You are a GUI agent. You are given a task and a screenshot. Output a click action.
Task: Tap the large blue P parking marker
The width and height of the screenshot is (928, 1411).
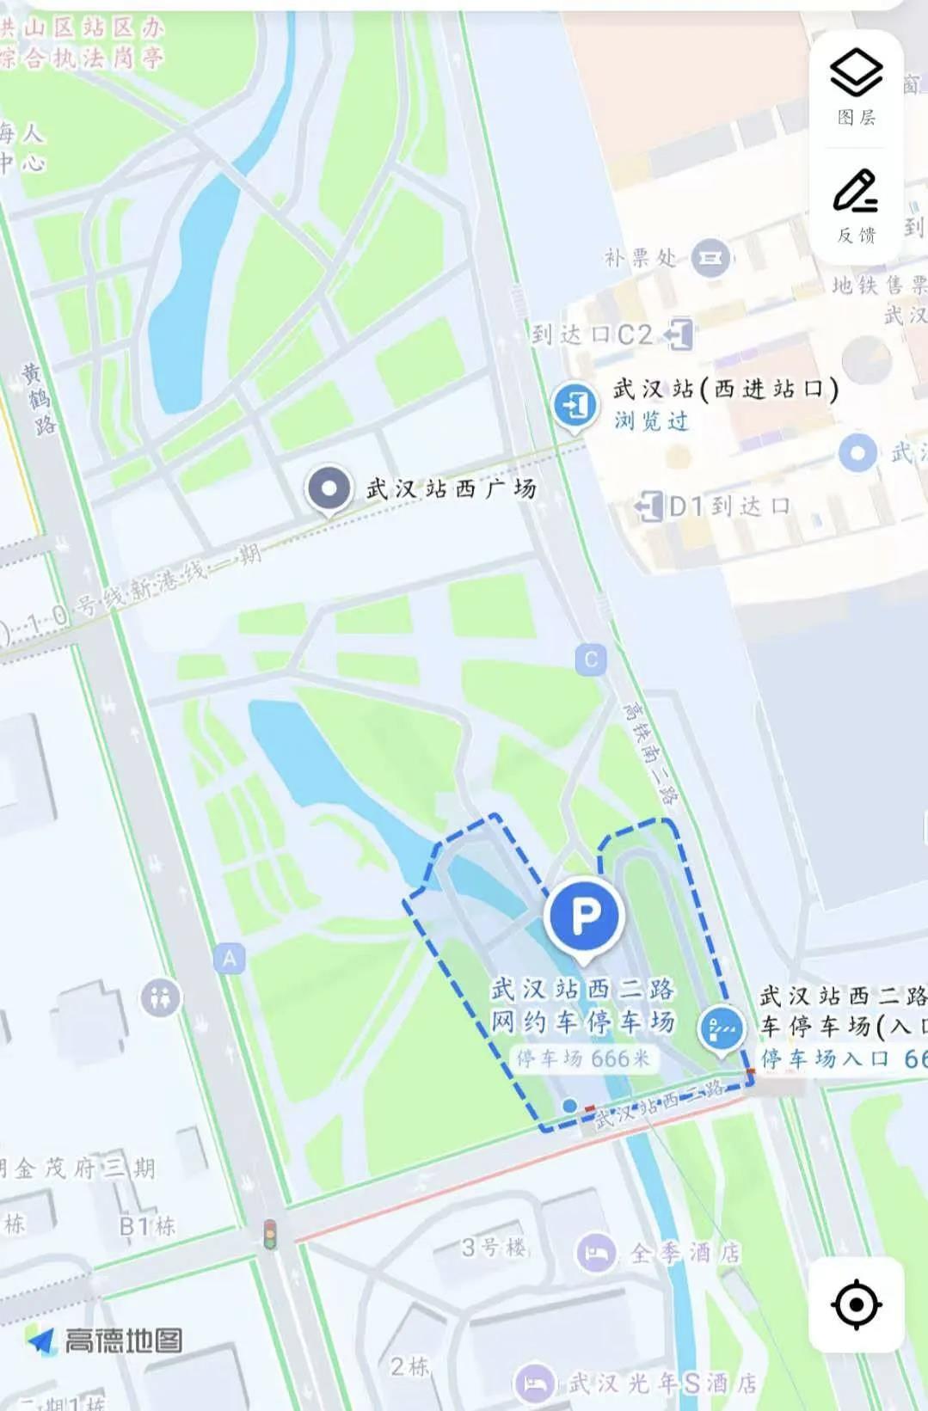pyautogui.click(x=585, y=916)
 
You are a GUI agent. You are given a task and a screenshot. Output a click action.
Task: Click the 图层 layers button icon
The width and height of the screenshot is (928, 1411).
pyautogui.click(x=856, y=72)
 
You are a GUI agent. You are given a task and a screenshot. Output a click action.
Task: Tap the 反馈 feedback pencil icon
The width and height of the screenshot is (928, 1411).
pyautogui.click(x=856, y=192)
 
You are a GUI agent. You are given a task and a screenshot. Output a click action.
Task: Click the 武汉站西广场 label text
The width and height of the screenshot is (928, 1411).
pyautogui.click(x=451, y=489)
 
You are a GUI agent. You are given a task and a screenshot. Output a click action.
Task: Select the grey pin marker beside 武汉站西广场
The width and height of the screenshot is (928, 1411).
pyautogui.click(x=329, y=488)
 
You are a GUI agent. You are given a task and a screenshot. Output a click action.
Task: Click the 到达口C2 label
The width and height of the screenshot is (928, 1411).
pyautogui.click(x=592, y=334)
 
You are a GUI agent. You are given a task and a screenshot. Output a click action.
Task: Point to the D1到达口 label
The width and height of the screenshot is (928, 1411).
pyautogui.click(x=729, y=506)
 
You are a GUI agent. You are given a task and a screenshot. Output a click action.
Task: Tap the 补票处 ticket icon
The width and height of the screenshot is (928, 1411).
pyautogui.click(x=710, y=257)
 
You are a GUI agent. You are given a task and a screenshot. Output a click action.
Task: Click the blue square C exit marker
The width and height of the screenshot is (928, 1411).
pyautogui.click(x=591, y=660)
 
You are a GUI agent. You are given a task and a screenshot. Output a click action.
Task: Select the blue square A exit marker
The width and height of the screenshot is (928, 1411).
pyautogui.click(x=229, y=958)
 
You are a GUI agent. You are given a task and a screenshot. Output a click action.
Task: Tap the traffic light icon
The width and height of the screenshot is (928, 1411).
pyautogui.click(x=270, y=1235)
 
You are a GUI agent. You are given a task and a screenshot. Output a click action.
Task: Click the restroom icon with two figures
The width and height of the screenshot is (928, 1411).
pyautogui.click(x=161, y=998)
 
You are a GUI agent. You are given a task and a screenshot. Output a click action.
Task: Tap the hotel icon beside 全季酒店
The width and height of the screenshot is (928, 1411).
pyautogui.click(x=595, y=1253)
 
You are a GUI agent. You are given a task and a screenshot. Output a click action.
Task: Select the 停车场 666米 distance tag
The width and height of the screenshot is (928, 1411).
pyautogui.click(x=583, y=1058)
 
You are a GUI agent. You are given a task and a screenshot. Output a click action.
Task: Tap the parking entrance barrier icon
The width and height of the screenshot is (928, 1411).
pyautogui.click(x=721, y=1027)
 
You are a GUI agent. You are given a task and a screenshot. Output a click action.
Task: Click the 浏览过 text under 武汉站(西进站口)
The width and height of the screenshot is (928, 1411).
pyautogui.click(x=651, y=421)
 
